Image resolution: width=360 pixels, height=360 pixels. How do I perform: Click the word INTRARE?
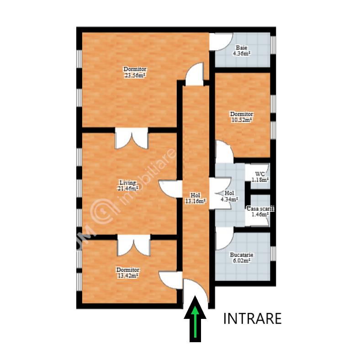click(252, 318)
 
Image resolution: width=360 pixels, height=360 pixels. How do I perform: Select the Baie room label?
click(242, 48)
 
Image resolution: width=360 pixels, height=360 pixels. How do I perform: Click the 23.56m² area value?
click(135, 75)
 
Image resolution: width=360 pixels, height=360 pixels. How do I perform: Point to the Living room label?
click(127, 183)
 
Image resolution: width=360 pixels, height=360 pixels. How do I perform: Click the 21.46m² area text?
click(128, 189)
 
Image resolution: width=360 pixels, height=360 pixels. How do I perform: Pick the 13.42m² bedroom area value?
click(127, 275)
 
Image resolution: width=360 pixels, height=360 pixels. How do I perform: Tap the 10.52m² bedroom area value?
click(242, 120)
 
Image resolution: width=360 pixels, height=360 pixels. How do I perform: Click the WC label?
click(260, 174)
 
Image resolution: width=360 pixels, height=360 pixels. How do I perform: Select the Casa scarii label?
click(260, 209)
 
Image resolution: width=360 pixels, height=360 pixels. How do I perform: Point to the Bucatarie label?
click(242, 255)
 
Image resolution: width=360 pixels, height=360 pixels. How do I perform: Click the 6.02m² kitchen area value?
click(242, 260)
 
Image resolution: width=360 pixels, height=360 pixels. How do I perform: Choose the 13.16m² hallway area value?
click(196, 201)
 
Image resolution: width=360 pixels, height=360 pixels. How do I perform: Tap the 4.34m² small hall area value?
click(229, 199)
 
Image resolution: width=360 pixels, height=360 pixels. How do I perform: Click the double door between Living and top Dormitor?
click(132, 138)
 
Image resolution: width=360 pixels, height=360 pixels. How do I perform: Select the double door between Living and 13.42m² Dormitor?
click(134, 245)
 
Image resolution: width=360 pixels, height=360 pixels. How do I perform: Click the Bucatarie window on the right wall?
click(273, 254)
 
